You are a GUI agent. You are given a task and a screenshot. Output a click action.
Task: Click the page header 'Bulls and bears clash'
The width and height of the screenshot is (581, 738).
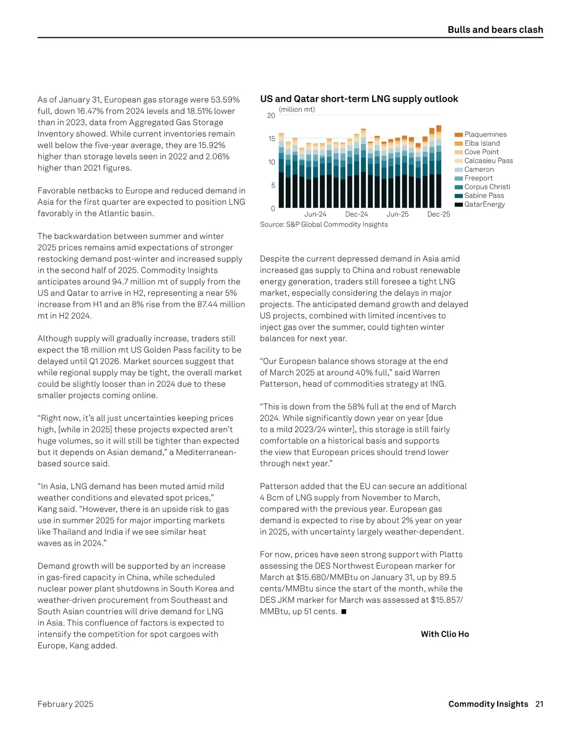point(495,30)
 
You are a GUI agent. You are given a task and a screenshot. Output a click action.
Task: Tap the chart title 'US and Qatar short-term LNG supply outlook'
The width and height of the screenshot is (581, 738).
point(359,99)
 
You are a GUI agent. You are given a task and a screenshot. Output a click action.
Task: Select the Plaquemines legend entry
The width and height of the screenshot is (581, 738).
point(485,135)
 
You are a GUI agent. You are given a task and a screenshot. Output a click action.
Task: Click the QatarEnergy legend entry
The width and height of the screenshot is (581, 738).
point(484,204)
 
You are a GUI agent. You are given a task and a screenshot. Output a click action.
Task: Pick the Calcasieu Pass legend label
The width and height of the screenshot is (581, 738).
point(488,161)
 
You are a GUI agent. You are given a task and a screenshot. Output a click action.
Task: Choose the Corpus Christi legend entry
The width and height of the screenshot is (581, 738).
point(487,187)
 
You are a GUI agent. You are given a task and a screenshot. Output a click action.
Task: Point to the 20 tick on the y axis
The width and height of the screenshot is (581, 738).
point(271,116)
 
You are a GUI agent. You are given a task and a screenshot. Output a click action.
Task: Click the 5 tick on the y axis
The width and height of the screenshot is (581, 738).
point(273,185)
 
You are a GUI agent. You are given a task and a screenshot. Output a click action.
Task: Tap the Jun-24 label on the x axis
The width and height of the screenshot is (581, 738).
point(315,214)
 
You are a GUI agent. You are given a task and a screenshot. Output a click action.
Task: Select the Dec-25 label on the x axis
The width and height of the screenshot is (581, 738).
point(438,214)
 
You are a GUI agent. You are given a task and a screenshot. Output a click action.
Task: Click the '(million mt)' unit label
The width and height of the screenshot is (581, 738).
point(297,109)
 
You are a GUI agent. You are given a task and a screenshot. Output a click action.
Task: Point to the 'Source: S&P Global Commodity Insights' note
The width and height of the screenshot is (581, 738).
point(323,225)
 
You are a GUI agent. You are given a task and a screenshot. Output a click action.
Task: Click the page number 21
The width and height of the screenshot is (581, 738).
point(539,704)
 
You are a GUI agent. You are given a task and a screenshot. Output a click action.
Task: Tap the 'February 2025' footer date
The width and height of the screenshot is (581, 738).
point(65,704)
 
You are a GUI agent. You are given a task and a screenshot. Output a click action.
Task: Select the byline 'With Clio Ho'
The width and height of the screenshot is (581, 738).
point(444,634)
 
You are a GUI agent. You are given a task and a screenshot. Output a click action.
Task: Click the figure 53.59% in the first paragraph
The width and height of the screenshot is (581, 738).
point(225,100)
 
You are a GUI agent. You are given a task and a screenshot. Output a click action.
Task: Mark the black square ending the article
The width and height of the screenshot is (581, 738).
point(344,612)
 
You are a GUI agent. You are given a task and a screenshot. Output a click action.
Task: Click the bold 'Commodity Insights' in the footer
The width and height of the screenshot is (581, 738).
point(488,704)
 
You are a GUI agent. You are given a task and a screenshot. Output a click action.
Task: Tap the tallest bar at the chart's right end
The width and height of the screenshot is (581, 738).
point(439,167)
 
